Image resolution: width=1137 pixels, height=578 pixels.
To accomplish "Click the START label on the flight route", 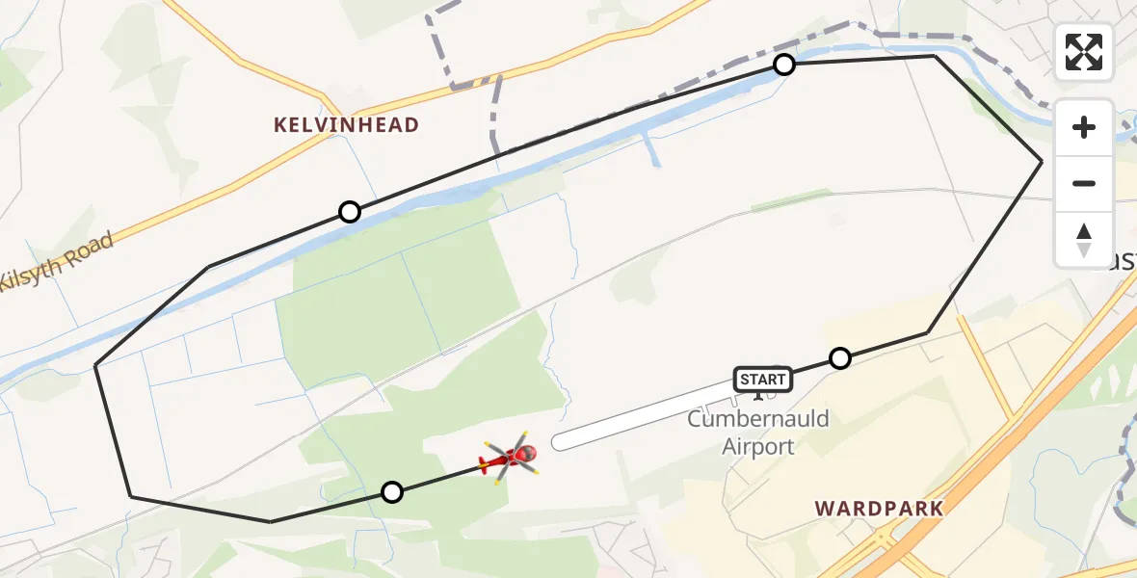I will pos(763,380).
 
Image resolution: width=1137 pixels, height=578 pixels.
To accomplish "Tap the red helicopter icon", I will pos(510,459).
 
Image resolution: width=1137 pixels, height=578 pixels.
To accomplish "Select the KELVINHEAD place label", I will pos(347,125).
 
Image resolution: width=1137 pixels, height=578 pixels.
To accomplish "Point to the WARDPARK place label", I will pos(878,508).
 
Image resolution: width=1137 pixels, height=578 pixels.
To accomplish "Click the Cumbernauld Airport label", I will pos(757,433).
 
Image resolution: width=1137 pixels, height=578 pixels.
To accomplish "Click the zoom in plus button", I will pos(1084,127).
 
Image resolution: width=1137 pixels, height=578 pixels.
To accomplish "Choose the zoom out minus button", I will pos(1084,183).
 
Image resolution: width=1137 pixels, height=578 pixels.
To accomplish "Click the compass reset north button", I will pos(1084,239).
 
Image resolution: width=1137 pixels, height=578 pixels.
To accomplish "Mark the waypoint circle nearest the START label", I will pos(840,358).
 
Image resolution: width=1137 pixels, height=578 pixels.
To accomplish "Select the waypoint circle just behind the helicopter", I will pos(391,492).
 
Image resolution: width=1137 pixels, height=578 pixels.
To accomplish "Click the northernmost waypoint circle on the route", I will pos(784,65).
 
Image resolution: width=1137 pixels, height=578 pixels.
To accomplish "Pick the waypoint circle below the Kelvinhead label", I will pos(350,212).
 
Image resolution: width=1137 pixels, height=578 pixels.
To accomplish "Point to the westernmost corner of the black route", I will pos(95,365).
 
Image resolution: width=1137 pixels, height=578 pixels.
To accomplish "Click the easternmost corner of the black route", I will pos(1042,161).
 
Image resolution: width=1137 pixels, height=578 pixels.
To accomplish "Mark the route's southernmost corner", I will pos(271,521).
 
